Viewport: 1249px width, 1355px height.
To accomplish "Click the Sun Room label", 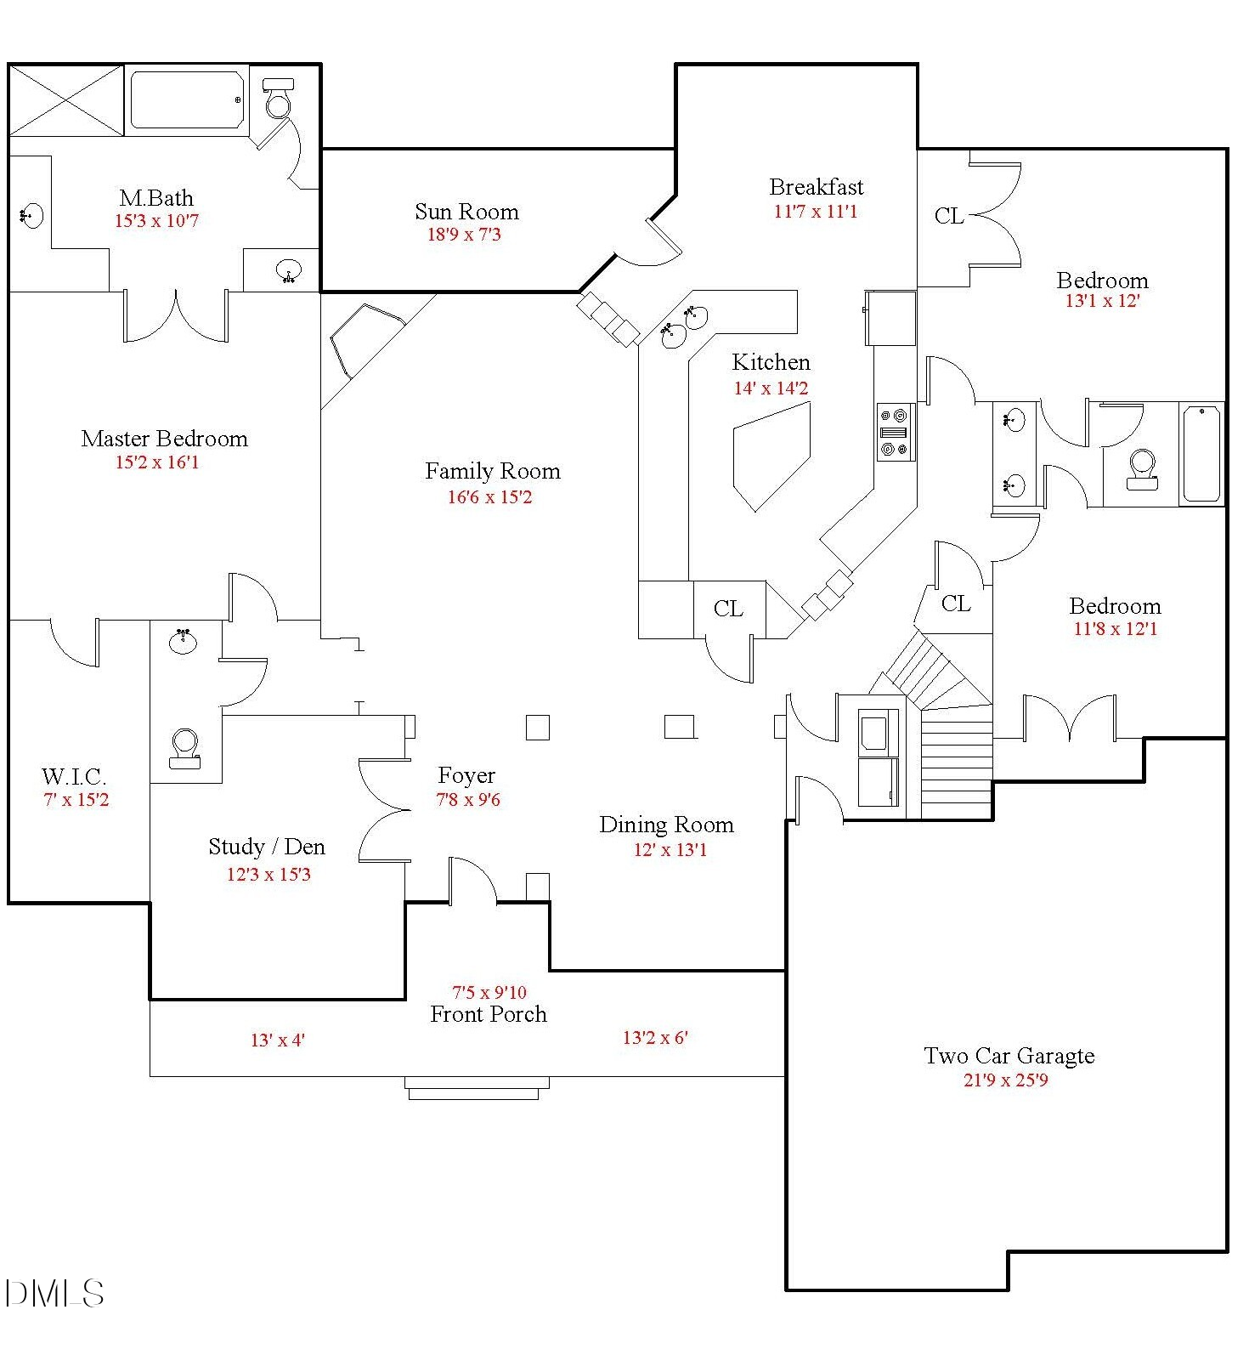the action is pos(466,212).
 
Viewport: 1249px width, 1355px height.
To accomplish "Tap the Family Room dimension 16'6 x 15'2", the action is pos(489,497).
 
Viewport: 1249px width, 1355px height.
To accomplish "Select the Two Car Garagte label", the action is pos(1009,1056).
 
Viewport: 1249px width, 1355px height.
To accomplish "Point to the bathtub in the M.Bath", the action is pos(187,100).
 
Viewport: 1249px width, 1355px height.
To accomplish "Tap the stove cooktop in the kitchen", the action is pos(896,432).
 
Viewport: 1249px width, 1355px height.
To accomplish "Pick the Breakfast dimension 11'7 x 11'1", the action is pos(816,212).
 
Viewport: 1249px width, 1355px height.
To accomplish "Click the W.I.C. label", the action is pos(74,776).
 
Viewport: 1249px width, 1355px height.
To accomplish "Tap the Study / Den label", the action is pos(267,847).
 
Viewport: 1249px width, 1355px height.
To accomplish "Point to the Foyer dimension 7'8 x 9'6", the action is pos(467,799).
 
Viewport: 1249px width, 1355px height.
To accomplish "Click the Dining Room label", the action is pos(666,825).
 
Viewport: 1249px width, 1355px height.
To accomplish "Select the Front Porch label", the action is pos(489,1014).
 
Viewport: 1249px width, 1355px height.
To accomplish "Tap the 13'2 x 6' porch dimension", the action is pos(655,1037).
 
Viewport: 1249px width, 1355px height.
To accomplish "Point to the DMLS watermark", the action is pos(54,1294).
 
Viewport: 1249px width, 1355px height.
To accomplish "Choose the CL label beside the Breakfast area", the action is pos(949,217).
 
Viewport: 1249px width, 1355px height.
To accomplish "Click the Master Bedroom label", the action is pos(165,439).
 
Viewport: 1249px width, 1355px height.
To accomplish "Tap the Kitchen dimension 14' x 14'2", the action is pos(771,388).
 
